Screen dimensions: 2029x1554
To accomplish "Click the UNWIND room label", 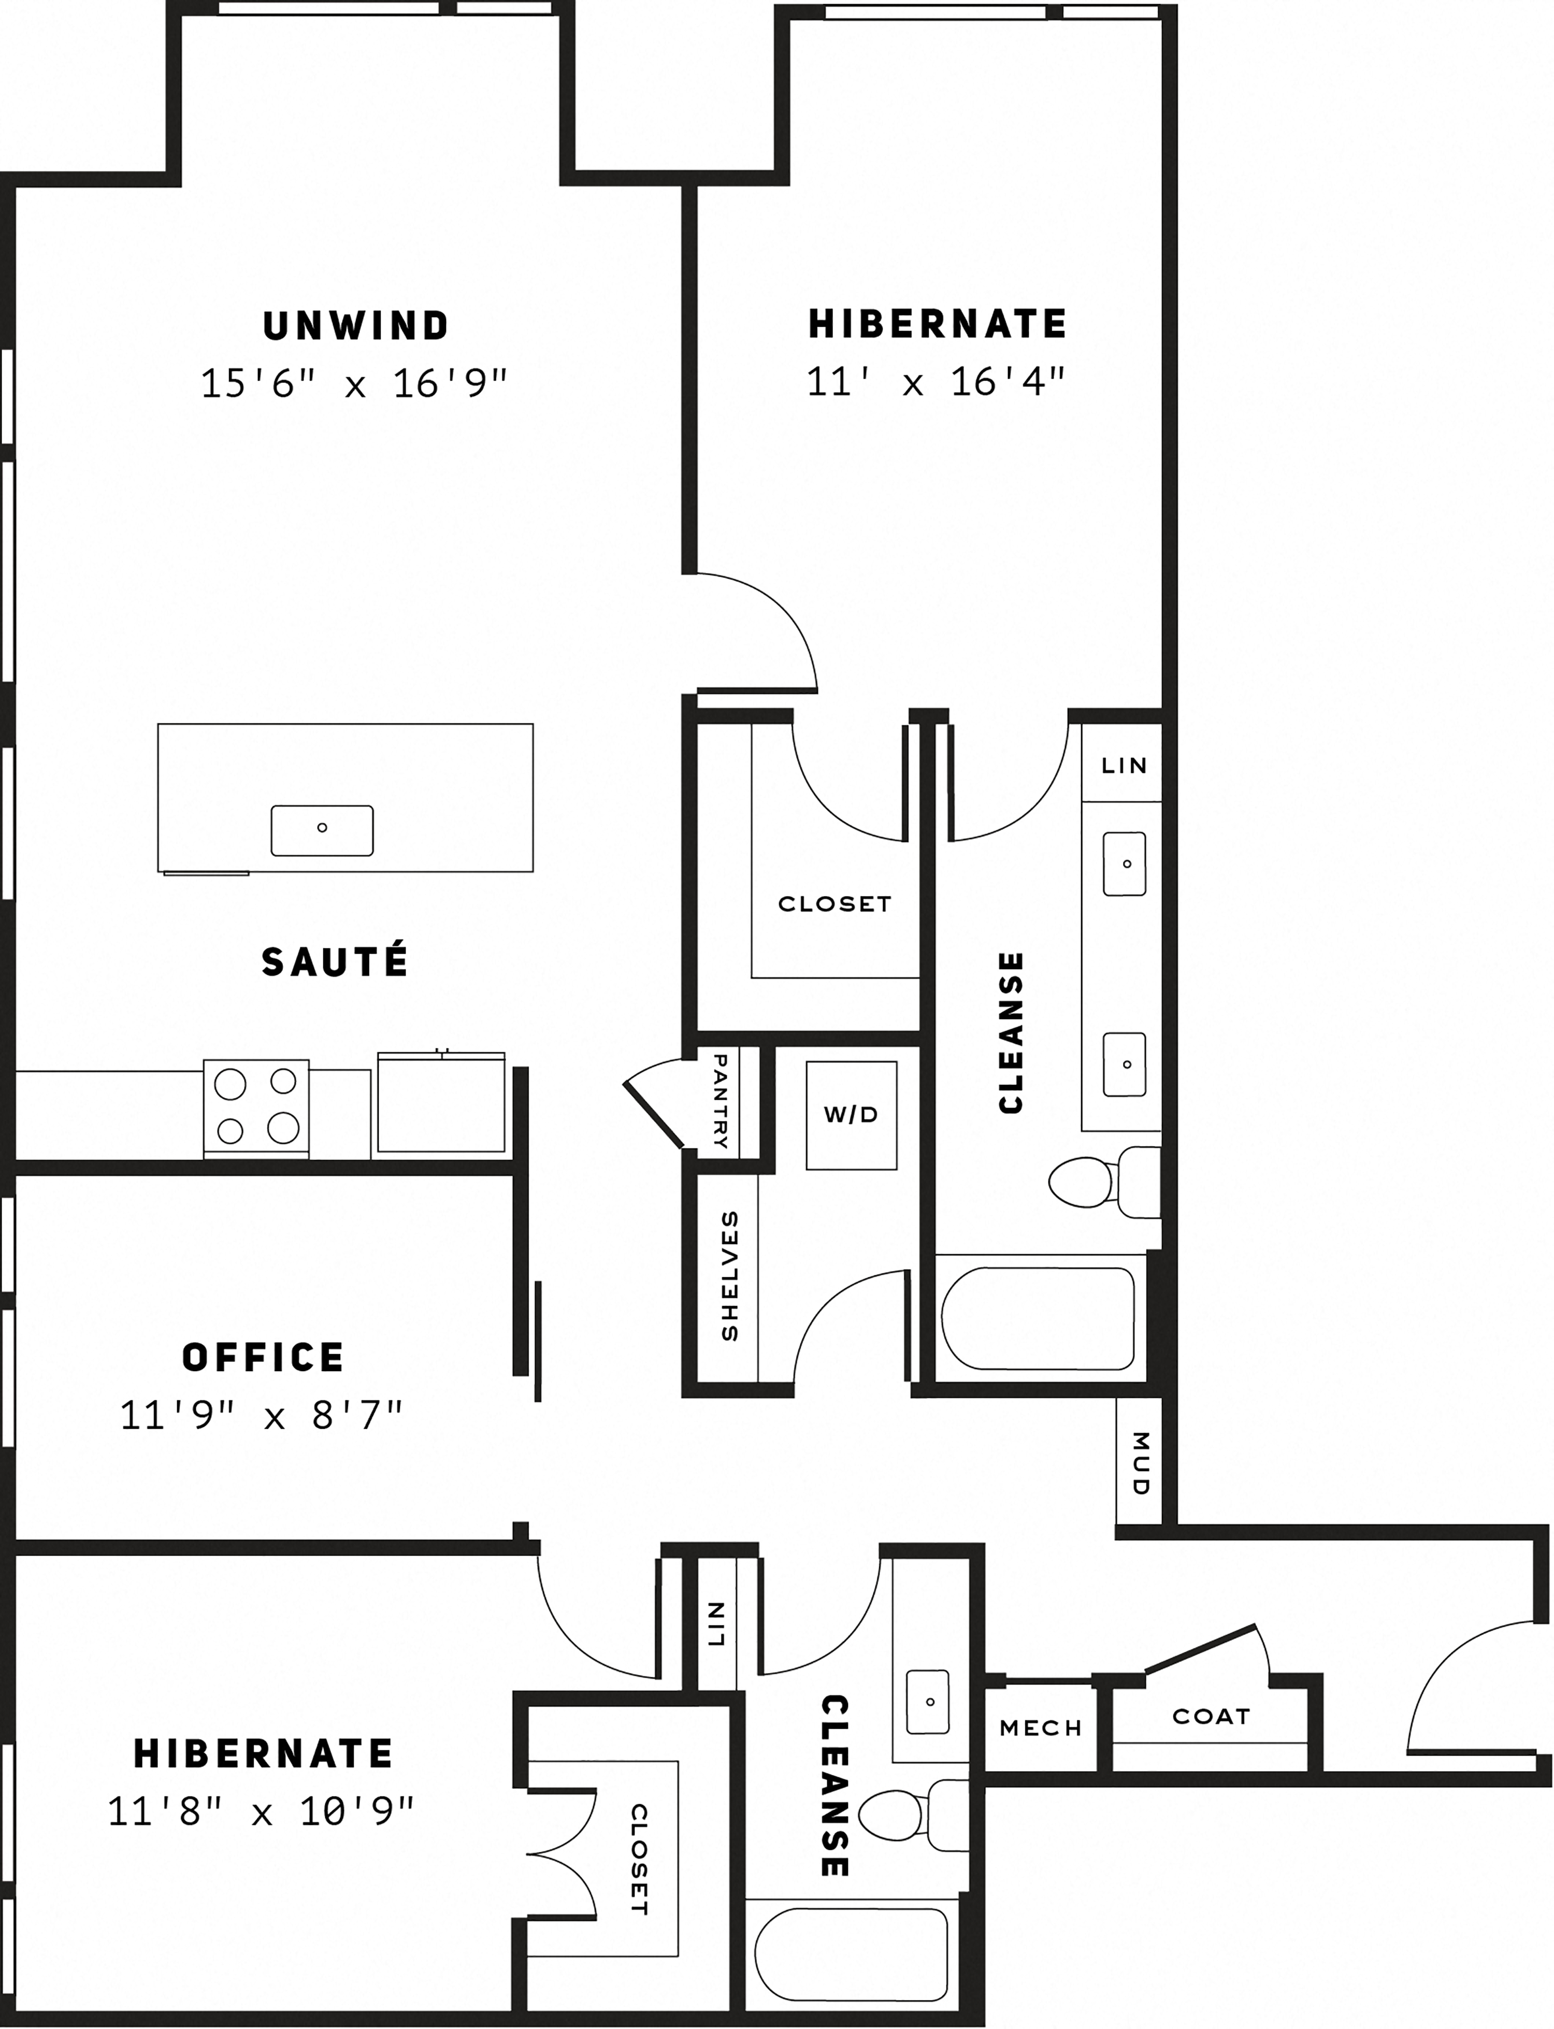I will [356, 325].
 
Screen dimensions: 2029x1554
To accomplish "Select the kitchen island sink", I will [322, 829].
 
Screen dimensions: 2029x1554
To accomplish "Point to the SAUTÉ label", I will [335, 962].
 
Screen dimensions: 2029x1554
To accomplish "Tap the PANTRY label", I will [721, 1101].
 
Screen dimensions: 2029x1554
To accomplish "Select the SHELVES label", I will [729, 1276].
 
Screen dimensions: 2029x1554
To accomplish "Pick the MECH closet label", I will [1041, 1728].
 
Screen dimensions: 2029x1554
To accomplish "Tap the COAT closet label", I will [1211, 1717].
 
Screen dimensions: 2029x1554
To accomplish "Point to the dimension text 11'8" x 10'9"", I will [262, 1811].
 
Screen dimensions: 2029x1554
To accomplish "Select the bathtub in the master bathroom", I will [1038, 1318].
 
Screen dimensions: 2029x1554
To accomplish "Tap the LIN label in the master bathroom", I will [1124, 766].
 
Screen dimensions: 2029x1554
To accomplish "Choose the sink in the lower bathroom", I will [929, 1702].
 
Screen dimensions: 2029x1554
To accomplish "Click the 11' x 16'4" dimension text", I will [936, 381].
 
